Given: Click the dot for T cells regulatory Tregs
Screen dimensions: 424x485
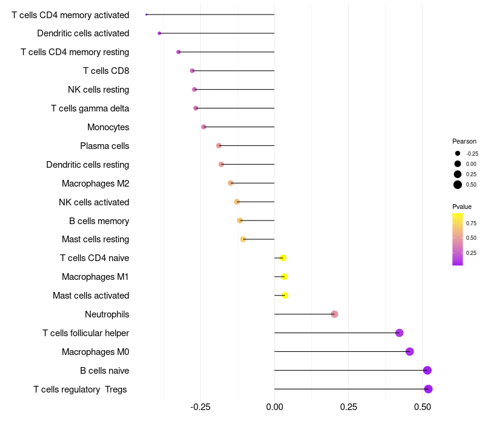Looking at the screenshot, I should click(428, 389).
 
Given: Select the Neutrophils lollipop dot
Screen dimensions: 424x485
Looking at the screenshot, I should click(334, 314).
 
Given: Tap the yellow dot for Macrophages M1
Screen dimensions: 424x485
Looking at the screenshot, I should click(284, 277).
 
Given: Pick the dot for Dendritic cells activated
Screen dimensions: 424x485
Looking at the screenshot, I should click(159, 33).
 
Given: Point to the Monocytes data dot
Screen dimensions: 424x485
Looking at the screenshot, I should click(204, 127).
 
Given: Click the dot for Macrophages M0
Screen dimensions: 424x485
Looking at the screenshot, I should click(409, 351).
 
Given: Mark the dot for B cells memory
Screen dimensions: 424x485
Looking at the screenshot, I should click(240, 220).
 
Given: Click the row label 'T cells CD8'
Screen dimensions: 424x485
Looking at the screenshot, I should click(106, 71).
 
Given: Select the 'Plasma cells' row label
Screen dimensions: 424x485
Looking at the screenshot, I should click(104, 146).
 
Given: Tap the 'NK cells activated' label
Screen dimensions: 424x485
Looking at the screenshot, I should click(94, 202).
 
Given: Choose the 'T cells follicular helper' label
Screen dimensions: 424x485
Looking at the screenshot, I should click(85, 333).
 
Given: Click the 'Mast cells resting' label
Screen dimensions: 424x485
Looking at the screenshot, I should click(95, 239).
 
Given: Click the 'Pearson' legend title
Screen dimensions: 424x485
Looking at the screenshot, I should click(464, 141).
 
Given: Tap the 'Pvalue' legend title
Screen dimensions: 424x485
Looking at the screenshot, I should click(462, 207).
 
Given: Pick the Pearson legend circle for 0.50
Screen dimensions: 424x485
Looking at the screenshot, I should click(458, 185).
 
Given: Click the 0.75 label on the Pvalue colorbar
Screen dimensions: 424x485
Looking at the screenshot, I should click(471, 223).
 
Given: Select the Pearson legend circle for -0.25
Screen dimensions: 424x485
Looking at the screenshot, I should click(458, 153).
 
